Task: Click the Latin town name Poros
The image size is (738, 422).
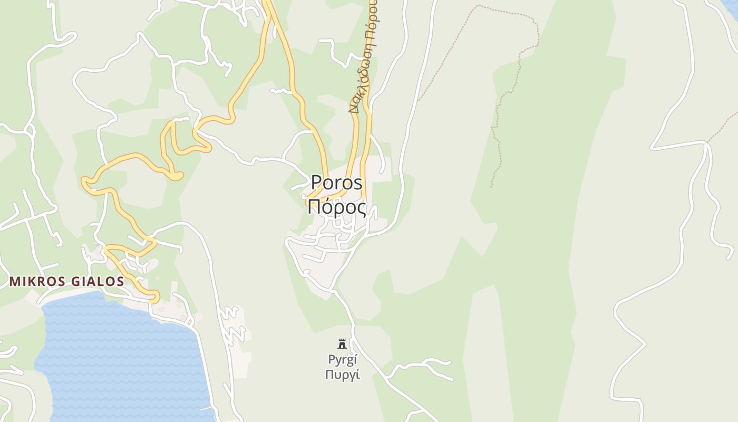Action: pos(336,183)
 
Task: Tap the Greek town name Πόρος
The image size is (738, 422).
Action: pos(336,207)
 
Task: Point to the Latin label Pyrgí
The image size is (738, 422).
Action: pos(343,360)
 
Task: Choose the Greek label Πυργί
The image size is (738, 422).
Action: pos(343,375)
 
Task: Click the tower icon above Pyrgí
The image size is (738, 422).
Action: pos(342,344)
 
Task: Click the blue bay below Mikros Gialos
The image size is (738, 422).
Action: pos(116,359)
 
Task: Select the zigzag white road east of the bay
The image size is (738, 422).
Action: pos(232,324)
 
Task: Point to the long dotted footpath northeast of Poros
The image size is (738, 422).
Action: pos(506,95)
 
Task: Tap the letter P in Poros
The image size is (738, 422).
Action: pos(316,183)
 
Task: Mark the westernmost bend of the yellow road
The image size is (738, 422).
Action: pos(84,181)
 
